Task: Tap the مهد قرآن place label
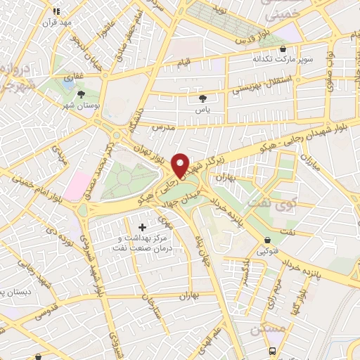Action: point(57,22)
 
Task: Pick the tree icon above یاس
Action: point(204,99)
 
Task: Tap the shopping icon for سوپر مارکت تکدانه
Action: point(282,49)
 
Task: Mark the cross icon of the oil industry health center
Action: point(143,227)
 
